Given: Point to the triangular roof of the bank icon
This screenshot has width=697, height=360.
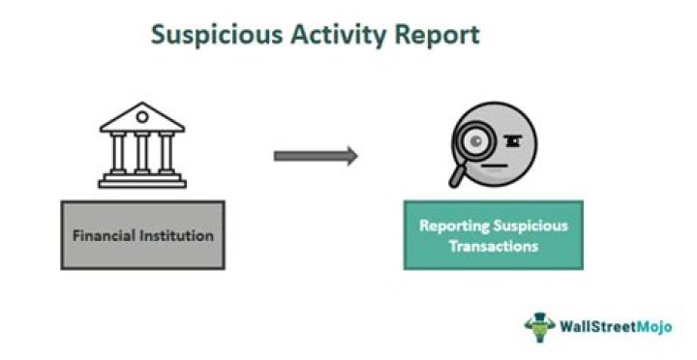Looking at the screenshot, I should [141, 117].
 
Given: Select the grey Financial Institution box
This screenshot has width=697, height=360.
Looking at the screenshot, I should [142, 234].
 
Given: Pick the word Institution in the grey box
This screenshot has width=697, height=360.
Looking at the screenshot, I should [175, 235].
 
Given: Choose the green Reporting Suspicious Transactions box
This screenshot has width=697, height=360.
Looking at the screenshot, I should [493, 235].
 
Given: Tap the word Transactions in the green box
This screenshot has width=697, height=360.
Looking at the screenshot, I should [493, 246].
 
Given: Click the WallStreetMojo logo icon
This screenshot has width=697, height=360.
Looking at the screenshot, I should [540, 325].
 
